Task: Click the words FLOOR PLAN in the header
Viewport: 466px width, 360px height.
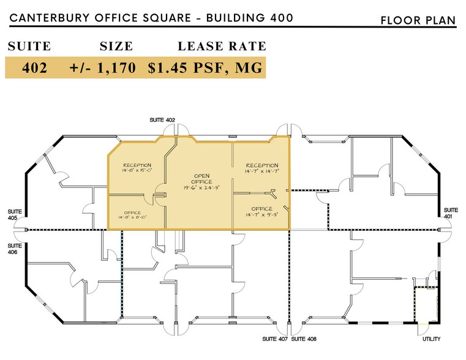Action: pos(418,20)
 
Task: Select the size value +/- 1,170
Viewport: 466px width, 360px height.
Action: pos(107,68)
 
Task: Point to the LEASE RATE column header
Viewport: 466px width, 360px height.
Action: pos(222,46)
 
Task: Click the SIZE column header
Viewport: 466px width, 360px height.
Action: pos(116,46)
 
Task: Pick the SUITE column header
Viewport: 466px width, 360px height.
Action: pos(29,46)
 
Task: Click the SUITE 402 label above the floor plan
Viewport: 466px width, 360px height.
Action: pos(162,120)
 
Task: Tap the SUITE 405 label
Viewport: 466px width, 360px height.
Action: pos(15,214)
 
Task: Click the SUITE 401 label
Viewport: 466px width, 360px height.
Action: pos(451,212)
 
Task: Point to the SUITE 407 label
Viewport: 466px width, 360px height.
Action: pos(274,339)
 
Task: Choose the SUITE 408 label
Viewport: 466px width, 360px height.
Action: pos(304,339)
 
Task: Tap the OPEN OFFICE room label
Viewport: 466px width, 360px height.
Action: pos(202,178)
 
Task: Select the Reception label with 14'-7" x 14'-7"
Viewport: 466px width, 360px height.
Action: pos(261,165)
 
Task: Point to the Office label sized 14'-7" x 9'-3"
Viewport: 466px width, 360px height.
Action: pos(261,209)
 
